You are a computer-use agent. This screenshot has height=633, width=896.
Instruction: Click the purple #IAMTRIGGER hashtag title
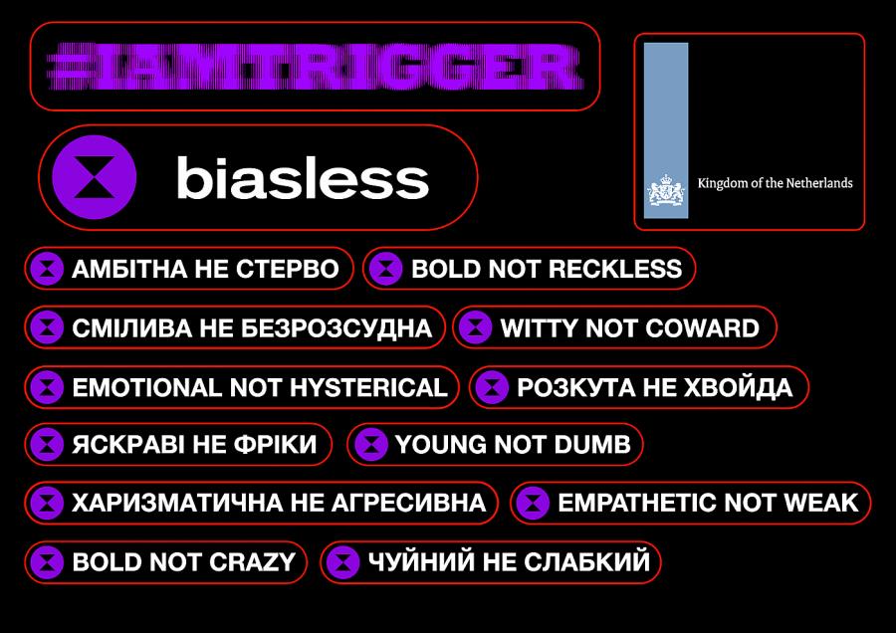coord(315,67)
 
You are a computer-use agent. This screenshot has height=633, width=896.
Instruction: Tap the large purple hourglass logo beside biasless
coord(95,177)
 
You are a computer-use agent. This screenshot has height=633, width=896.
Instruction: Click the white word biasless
coord(303,178)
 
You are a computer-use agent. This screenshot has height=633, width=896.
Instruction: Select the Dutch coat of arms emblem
coord(666,190)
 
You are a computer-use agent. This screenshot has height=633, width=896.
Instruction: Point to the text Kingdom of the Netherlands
coord(775,183)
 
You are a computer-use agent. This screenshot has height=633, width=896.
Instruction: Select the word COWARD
coord(702,328)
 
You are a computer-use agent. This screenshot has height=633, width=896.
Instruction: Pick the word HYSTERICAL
coord(368,388)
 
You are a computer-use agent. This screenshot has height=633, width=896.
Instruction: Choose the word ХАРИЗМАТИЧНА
coord(177,504)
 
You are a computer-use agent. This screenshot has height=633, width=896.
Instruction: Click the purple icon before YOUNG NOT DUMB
coord(371,445)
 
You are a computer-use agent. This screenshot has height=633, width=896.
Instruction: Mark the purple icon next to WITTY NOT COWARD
coord(476,327)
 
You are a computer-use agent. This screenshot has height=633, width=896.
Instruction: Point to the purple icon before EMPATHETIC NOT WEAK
coord(533,503)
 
